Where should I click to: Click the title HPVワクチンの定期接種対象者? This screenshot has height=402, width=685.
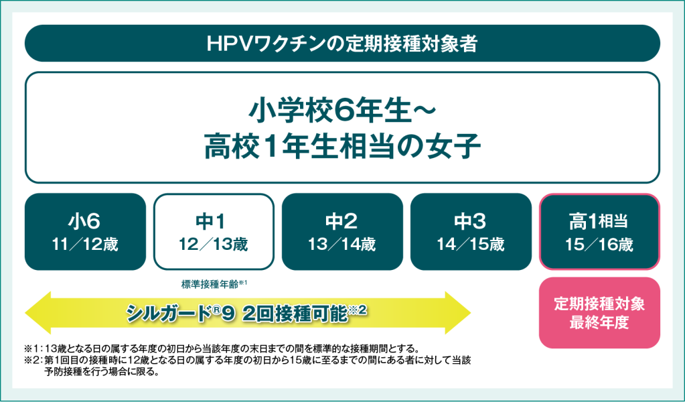pos(342,44)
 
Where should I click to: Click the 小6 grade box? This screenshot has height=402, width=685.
pos(85,231)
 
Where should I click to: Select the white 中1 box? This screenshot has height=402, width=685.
pos(214,231)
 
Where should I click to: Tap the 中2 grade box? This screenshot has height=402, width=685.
pos(342,231)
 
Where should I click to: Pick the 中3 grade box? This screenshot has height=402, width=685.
pos(471,231)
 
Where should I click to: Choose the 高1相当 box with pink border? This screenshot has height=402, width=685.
pos(599,231)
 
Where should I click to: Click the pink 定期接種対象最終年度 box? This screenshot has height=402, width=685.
pos(599,312)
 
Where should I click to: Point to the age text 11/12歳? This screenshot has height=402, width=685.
pos(85,245)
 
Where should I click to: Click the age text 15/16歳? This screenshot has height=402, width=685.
pos(599,245)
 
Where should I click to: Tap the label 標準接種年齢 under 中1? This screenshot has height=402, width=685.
pos(211,283)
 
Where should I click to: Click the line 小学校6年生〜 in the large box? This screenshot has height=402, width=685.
pos(342,109)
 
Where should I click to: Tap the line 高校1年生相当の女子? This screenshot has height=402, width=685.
pos(342,147)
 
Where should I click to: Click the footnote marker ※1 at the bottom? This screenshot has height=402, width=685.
pos(33,348)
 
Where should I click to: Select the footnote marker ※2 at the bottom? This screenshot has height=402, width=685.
pos(33,360)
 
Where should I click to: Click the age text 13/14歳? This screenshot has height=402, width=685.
pos(342,245)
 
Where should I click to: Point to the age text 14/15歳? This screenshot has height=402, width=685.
pos(471,245)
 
